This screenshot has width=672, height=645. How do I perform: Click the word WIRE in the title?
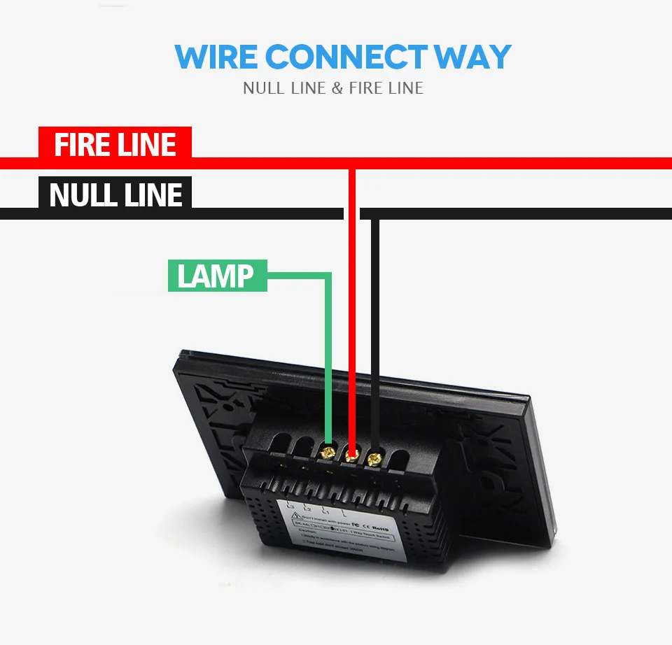[216, 57]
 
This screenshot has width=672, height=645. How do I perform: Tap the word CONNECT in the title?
[346, 57]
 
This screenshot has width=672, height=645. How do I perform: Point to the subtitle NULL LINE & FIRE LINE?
[333, 88]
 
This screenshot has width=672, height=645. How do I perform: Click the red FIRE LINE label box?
[115, 145]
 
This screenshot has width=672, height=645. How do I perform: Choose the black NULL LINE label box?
[115, 194]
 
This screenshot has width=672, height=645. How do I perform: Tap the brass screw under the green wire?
[326, 452]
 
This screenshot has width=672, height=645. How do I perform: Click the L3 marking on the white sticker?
[290, 505]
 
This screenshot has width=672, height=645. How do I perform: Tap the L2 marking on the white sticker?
[307, 509]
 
